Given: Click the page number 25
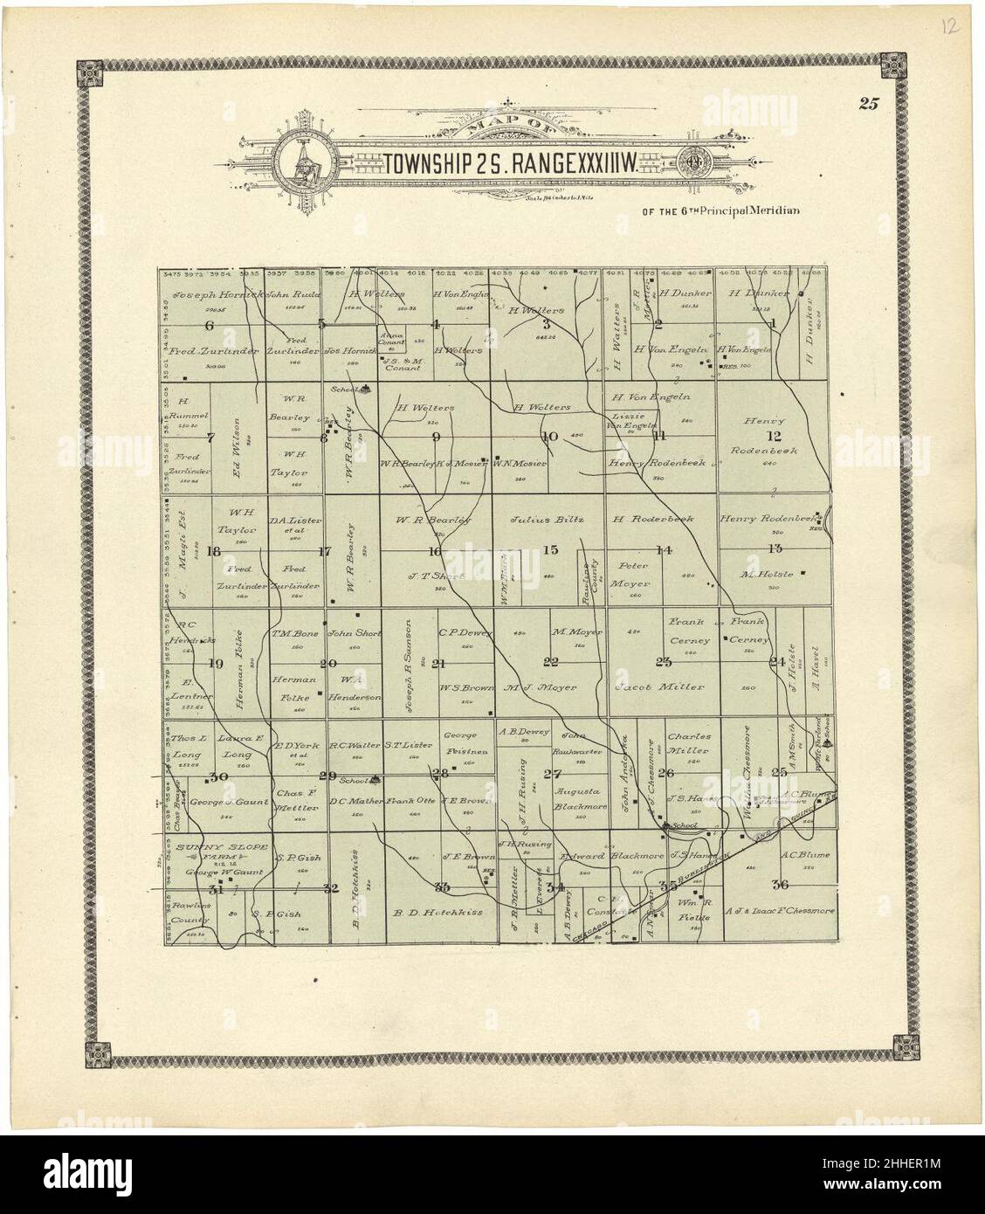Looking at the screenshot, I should click(868, 105).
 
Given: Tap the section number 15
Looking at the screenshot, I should click(550, 549).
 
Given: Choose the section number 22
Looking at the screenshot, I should click(551, 661).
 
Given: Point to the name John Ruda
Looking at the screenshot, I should click(290, 295).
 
